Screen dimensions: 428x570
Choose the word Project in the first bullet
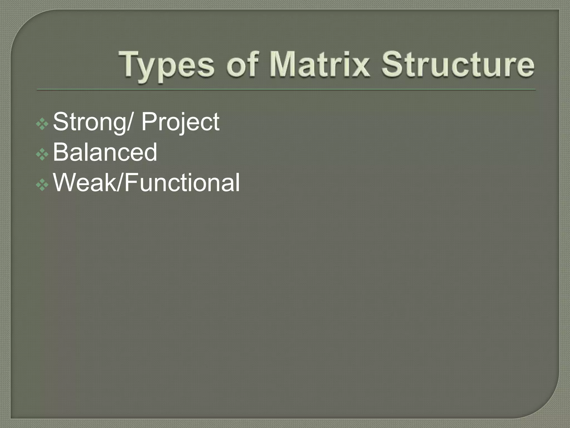(x=181, y=122)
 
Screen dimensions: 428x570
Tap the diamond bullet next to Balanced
(x=42, y=154)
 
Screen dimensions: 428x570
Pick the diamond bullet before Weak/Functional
(x=42, y=185)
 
